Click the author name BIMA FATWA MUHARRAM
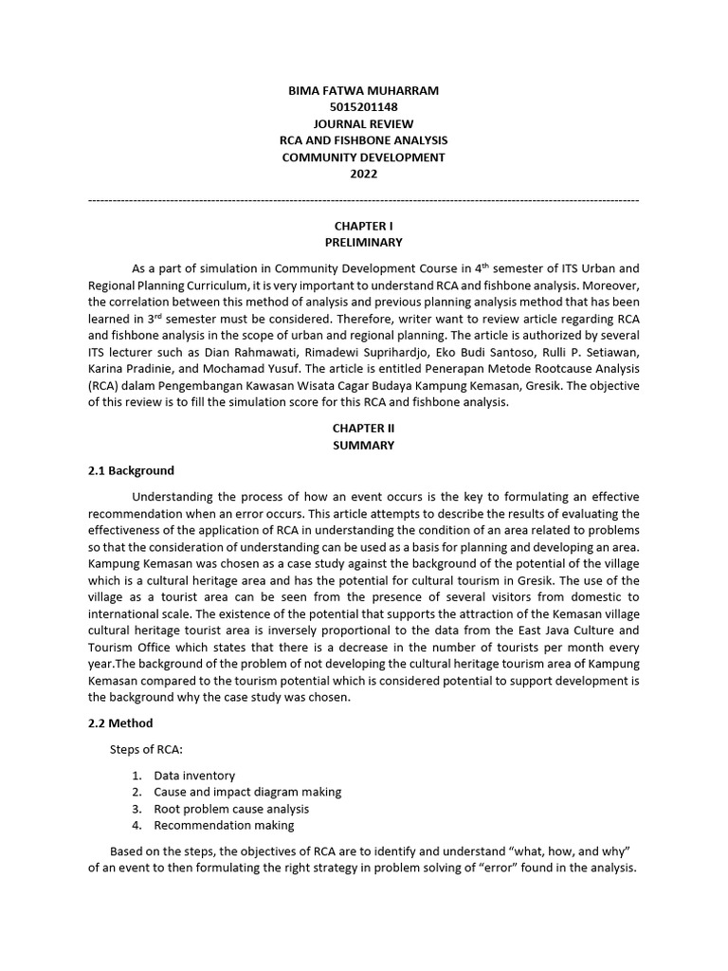[x=363, y=90]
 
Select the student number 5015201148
[x=363, y=107]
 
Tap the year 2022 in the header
[x=363, y=174]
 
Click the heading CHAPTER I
[x=363, y=226]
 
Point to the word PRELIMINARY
[x=363, y=243]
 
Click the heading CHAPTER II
[x=363, y=428]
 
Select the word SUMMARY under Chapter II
[x=363, y=445]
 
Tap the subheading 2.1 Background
[x=131, y=470]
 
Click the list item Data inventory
[x=194, y=775]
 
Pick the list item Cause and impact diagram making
[x=247, y=792]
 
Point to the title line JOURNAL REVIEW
[x=363, y=124]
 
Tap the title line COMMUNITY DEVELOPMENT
[x=363, y=157]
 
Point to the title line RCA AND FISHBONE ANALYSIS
[x=363, y=140]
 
